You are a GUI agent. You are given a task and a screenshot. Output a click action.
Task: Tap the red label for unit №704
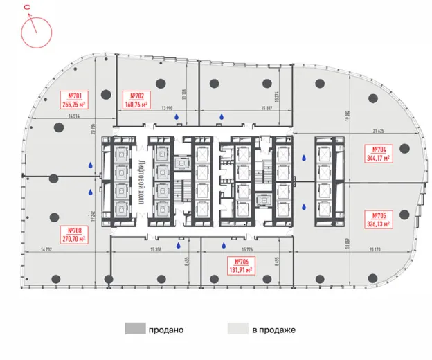pos(378,154)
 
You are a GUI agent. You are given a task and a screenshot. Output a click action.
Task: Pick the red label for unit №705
pos(378,219)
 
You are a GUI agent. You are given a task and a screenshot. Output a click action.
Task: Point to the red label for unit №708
pos(73,233)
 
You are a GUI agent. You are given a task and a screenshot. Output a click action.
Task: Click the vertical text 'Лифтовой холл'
pos(140,181)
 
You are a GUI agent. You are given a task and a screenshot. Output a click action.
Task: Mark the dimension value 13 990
pos(166,109)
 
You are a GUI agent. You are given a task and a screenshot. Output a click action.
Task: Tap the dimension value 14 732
pos(47,249)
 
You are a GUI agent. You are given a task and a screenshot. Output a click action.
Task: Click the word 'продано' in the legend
pos(165,330)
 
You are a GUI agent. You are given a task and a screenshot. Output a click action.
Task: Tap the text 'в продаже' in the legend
pos(274,330)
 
